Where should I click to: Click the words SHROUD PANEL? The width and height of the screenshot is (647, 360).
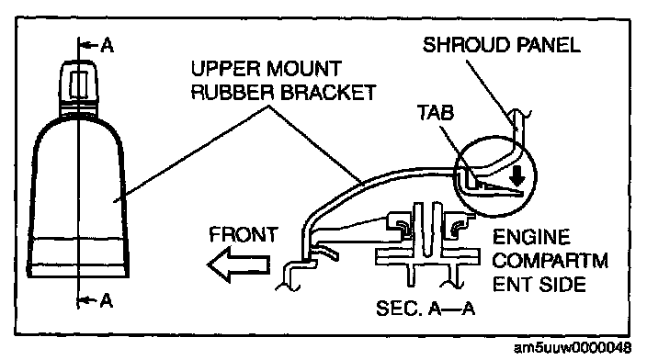(502, 44)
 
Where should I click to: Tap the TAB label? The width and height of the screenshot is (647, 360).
(436, 112)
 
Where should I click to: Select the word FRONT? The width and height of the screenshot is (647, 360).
(244, 234)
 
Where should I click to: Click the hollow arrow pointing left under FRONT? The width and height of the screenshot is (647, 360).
(239, 264)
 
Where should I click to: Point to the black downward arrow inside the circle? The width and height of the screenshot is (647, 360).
(517, 174)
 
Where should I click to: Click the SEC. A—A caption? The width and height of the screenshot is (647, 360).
(426, 308)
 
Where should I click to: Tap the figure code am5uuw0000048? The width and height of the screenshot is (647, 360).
(573, 348)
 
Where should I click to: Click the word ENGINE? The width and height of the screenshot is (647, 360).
(531, 237)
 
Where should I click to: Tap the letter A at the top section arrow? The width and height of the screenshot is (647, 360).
(108, 45)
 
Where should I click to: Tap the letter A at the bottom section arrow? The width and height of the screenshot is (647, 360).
(107, 300)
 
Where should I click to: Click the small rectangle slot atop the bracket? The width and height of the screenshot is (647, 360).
(78, 84)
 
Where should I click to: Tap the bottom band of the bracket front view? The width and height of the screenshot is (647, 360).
(78, 270)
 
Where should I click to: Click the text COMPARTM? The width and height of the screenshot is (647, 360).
(551, 261)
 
